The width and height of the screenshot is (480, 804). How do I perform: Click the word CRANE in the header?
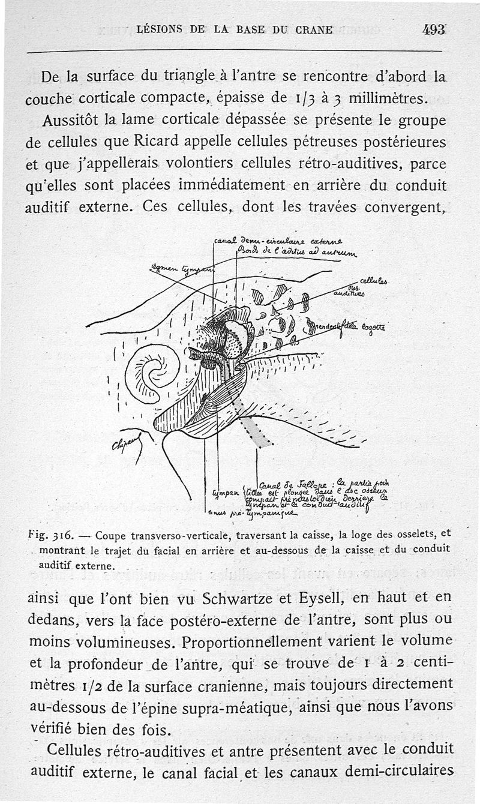[313, 29]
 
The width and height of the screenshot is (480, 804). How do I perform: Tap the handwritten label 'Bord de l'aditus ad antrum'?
[292, 253]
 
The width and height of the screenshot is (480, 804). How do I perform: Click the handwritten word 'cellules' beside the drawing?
[374, 280]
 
